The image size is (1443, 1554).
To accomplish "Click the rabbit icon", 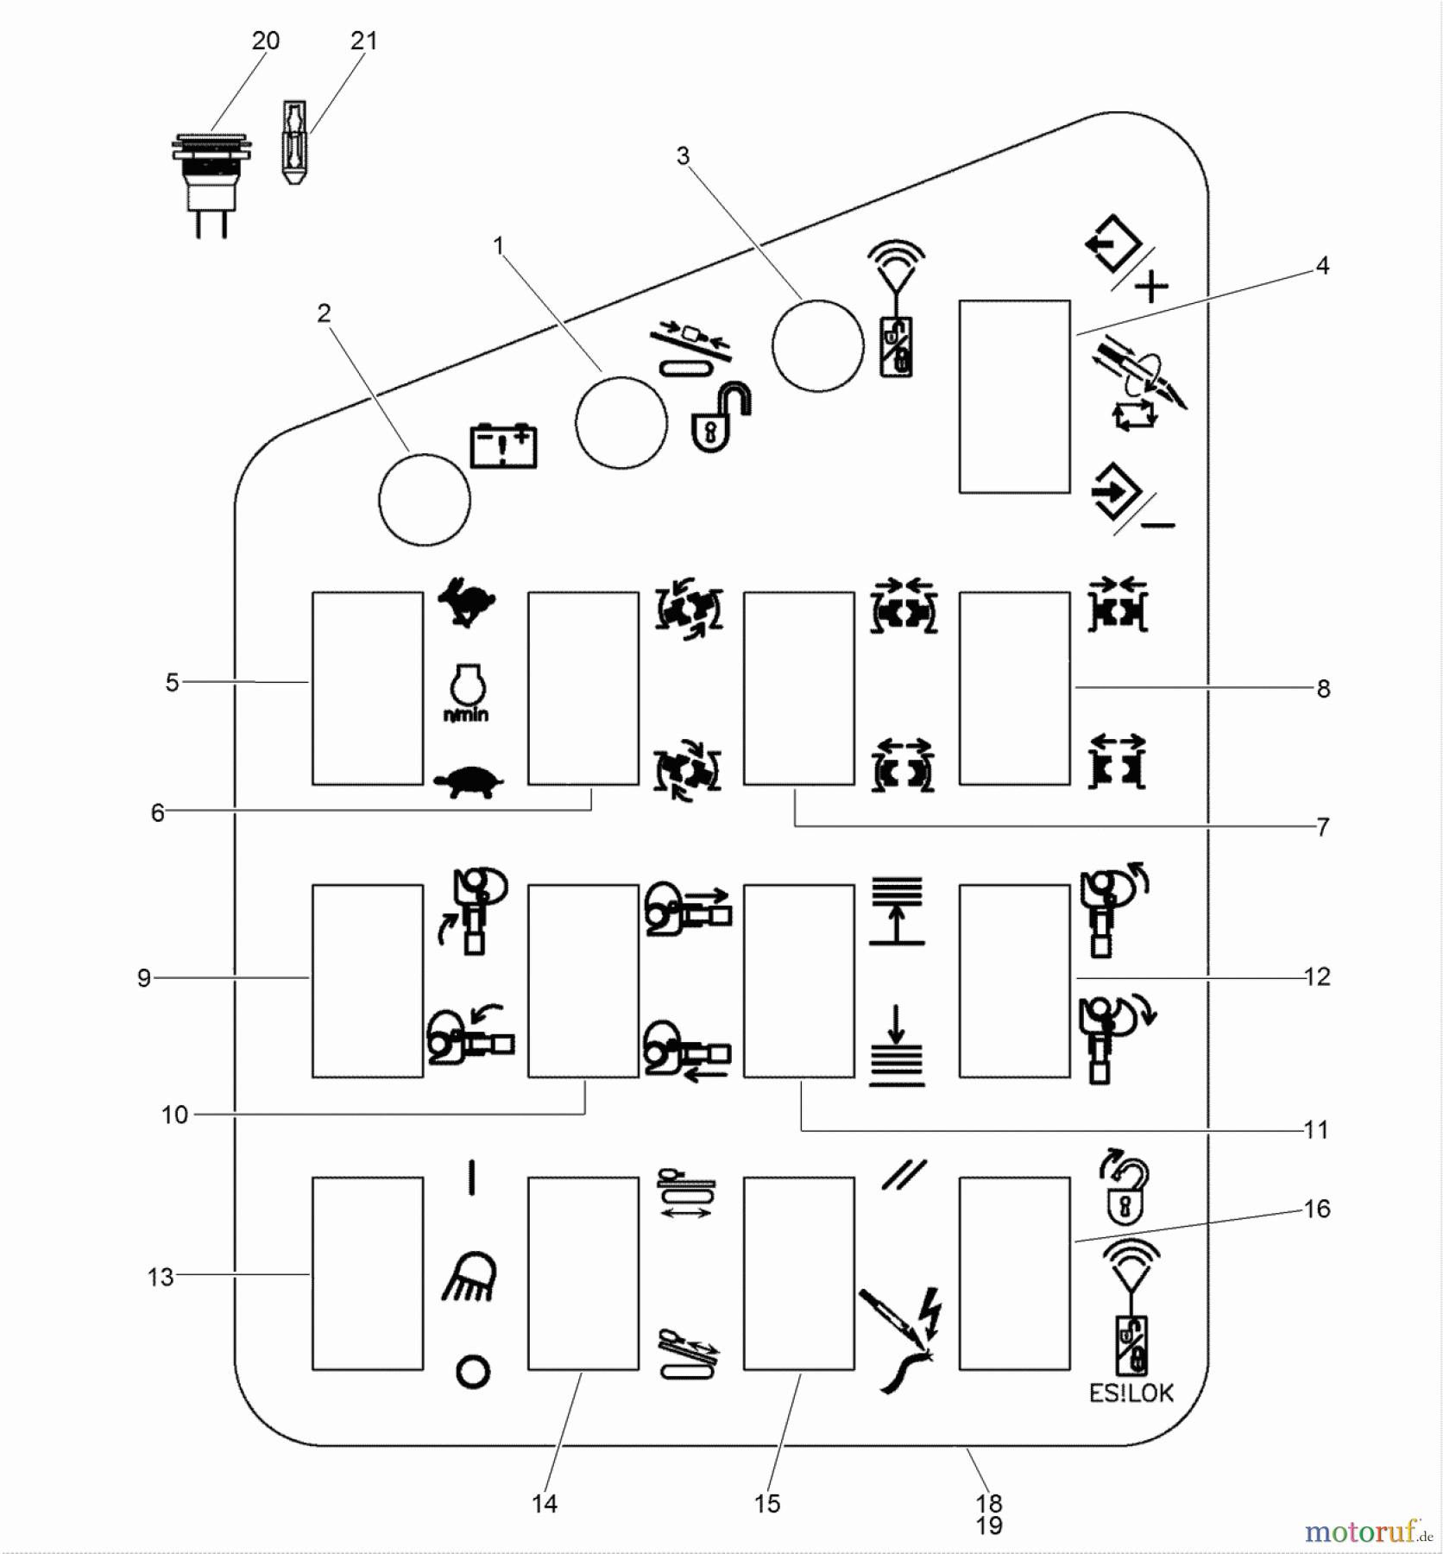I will point(467,602).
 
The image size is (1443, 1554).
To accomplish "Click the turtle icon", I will point(468,782).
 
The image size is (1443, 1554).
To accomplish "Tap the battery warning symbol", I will point(503,445).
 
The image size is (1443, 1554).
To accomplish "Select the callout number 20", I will point(266,41).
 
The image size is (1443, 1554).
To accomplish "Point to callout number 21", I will point(364,41).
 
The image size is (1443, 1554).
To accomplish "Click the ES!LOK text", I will point(1131,1393).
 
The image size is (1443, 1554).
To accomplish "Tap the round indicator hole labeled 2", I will point(425,500).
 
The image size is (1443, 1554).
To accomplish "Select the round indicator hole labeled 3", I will point(817,345).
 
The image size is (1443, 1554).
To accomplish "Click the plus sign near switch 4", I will point(1152,286).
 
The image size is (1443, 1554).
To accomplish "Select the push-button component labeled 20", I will point(211,181).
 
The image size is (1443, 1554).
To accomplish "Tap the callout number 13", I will point(161,1277).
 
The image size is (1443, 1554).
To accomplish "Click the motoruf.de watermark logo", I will point(1369,1532).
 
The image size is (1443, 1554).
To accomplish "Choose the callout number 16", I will point(1317,1209).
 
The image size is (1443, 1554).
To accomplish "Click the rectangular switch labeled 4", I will point(1014,396).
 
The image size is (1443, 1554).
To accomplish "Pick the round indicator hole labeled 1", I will point(621,423).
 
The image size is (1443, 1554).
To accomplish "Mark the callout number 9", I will point(144,978).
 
